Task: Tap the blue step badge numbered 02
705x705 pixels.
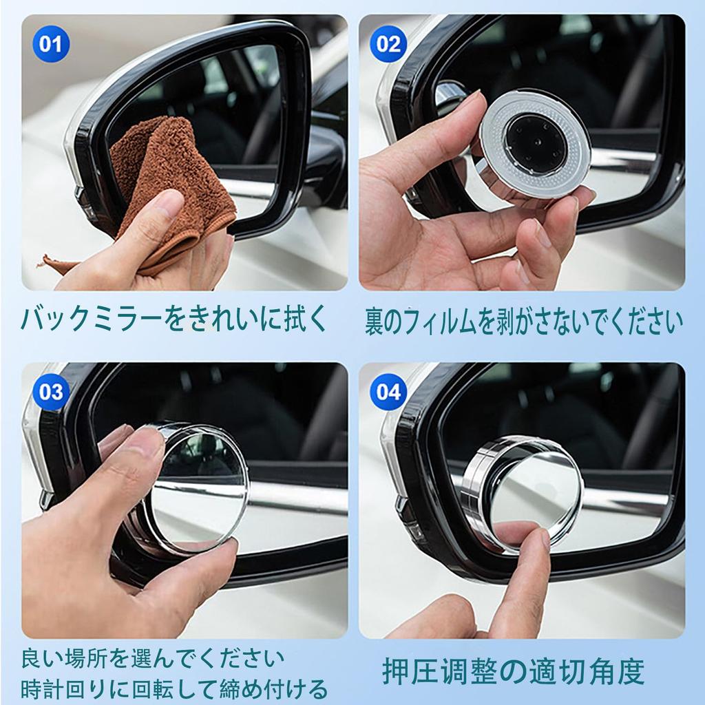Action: pos(389,45)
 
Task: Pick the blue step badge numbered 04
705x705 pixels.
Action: pos(389,392)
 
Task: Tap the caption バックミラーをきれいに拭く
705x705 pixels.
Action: pos(176,319)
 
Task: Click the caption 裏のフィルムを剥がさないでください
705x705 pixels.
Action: pos(523,321)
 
